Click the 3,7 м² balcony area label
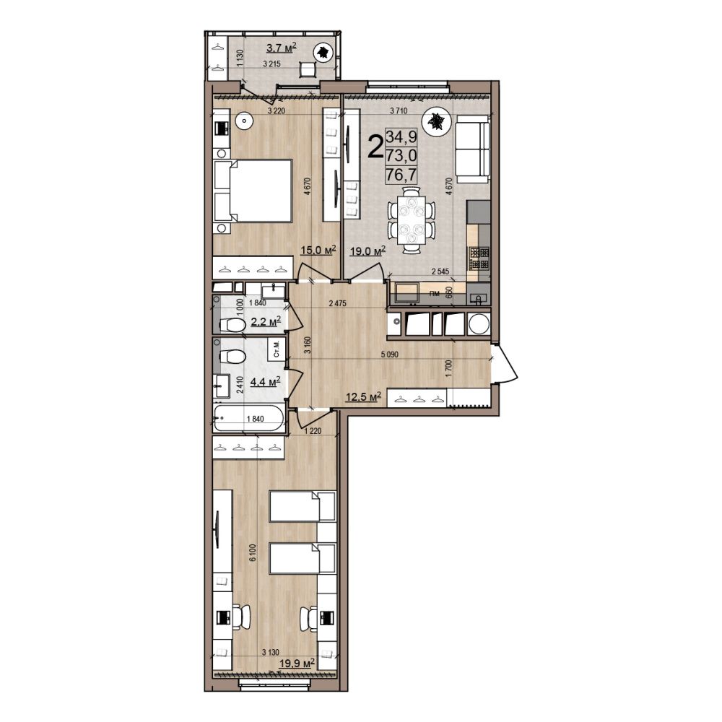point(281,47)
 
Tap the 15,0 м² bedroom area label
point(318,250)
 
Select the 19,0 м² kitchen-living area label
point(367,251)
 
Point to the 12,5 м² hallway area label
point(364,396)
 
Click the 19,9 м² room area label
point(297,663)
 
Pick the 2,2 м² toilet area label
point(266,321)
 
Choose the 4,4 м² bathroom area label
point(265,381)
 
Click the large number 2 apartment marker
point(375,147)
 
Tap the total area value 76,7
point(401,175)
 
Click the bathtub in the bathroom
point(249,418)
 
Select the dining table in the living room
point(411,220)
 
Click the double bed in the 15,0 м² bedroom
point(253,191)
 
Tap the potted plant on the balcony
point(323,53)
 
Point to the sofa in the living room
point(472,149)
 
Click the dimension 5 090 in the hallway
point(389,355)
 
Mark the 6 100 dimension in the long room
point(252,552)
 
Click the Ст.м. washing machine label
point(277,349)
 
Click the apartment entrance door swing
point(505,364)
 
